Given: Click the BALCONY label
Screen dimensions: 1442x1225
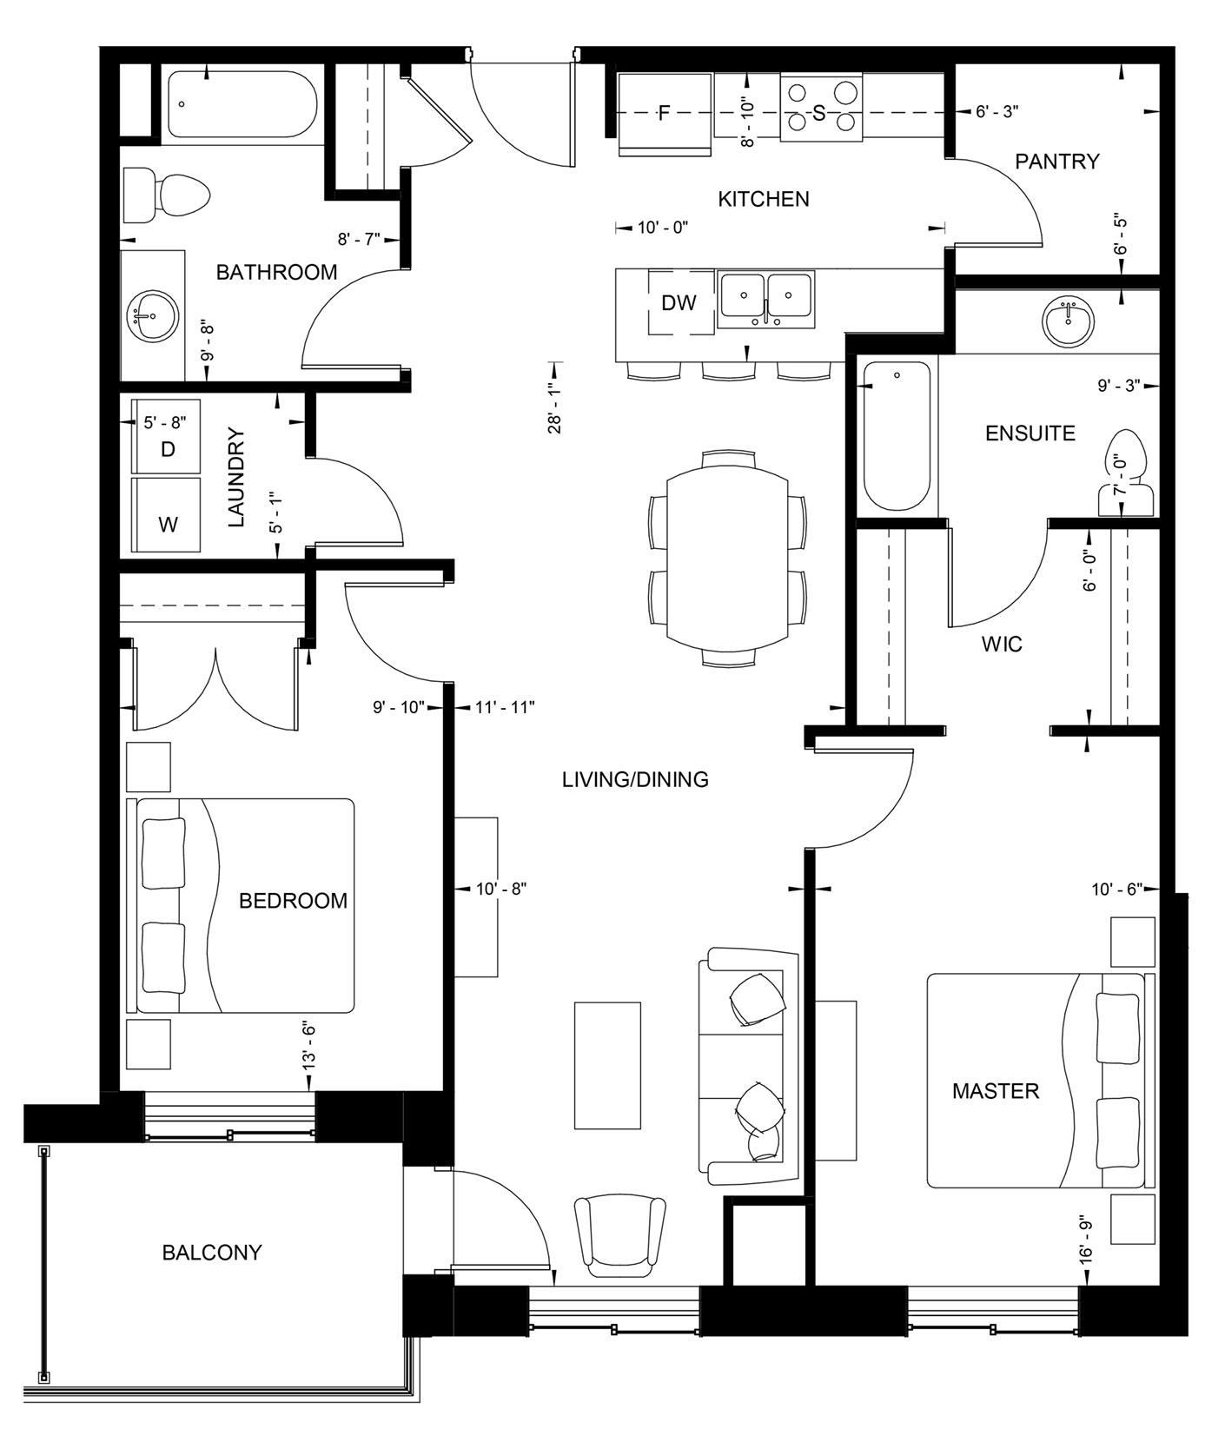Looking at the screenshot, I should (212, 1253).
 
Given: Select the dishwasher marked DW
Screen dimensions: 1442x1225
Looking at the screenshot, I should (679, 302).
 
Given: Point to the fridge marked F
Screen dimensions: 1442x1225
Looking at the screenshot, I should (665, 114).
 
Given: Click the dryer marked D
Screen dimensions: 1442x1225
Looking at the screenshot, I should (167, 436).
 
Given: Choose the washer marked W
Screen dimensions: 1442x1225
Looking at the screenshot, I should (167, 513).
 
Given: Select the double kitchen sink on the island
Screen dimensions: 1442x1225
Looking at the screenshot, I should (765, 299).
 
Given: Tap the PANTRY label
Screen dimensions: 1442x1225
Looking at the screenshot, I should (1056, 162).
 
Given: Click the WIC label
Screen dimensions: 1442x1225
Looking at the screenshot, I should (1001, 645).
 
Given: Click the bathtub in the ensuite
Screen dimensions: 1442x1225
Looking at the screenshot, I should (896, 437).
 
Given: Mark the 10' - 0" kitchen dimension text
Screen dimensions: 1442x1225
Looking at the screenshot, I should (662, 228).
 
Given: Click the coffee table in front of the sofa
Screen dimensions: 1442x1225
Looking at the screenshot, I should (607, 1065).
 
